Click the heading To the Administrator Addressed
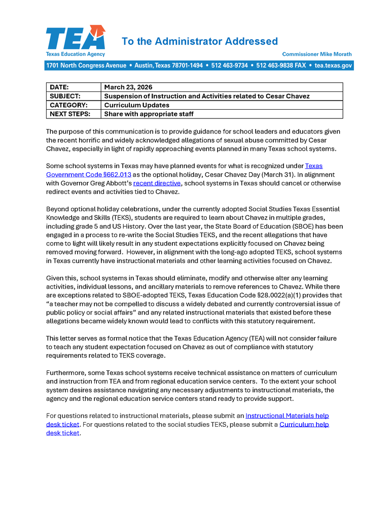click(x=199, y=42)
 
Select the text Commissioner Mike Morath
click(x=316, y=54)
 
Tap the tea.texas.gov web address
click(x=333, y=66)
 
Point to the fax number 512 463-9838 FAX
click(x=281, y=66)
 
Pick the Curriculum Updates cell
click(x=136, y=105)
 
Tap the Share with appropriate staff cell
click(x=149, y=114)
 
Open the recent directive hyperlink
click(x=157, y=183)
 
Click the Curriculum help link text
click(x=304, y=424)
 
